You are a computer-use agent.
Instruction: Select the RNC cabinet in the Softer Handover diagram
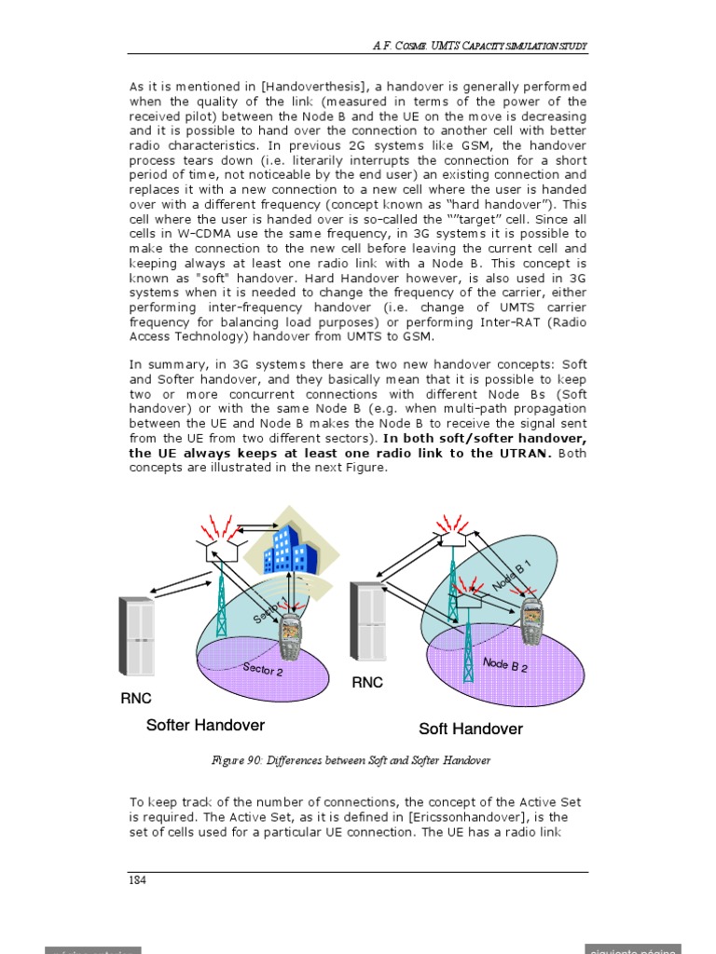point(136,636)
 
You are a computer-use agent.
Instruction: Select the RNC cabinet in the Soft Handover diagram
point(367,621)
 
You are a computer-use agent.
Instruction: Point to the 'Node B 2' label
point(505,665)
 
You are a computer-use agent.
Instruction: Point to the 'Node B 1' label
point(511,576)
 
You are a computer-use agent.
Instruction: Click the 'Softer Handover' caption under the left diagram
point(205,726)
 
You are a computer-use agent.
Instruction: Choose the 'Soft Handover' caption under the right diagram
point(471,729)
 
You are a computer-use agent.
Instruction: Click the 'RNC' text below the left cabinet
point(136,699)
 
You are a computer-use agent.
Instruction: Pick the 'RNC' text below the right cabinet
point(367,683)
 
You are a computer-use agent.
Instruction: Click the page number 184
point(137,880)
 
